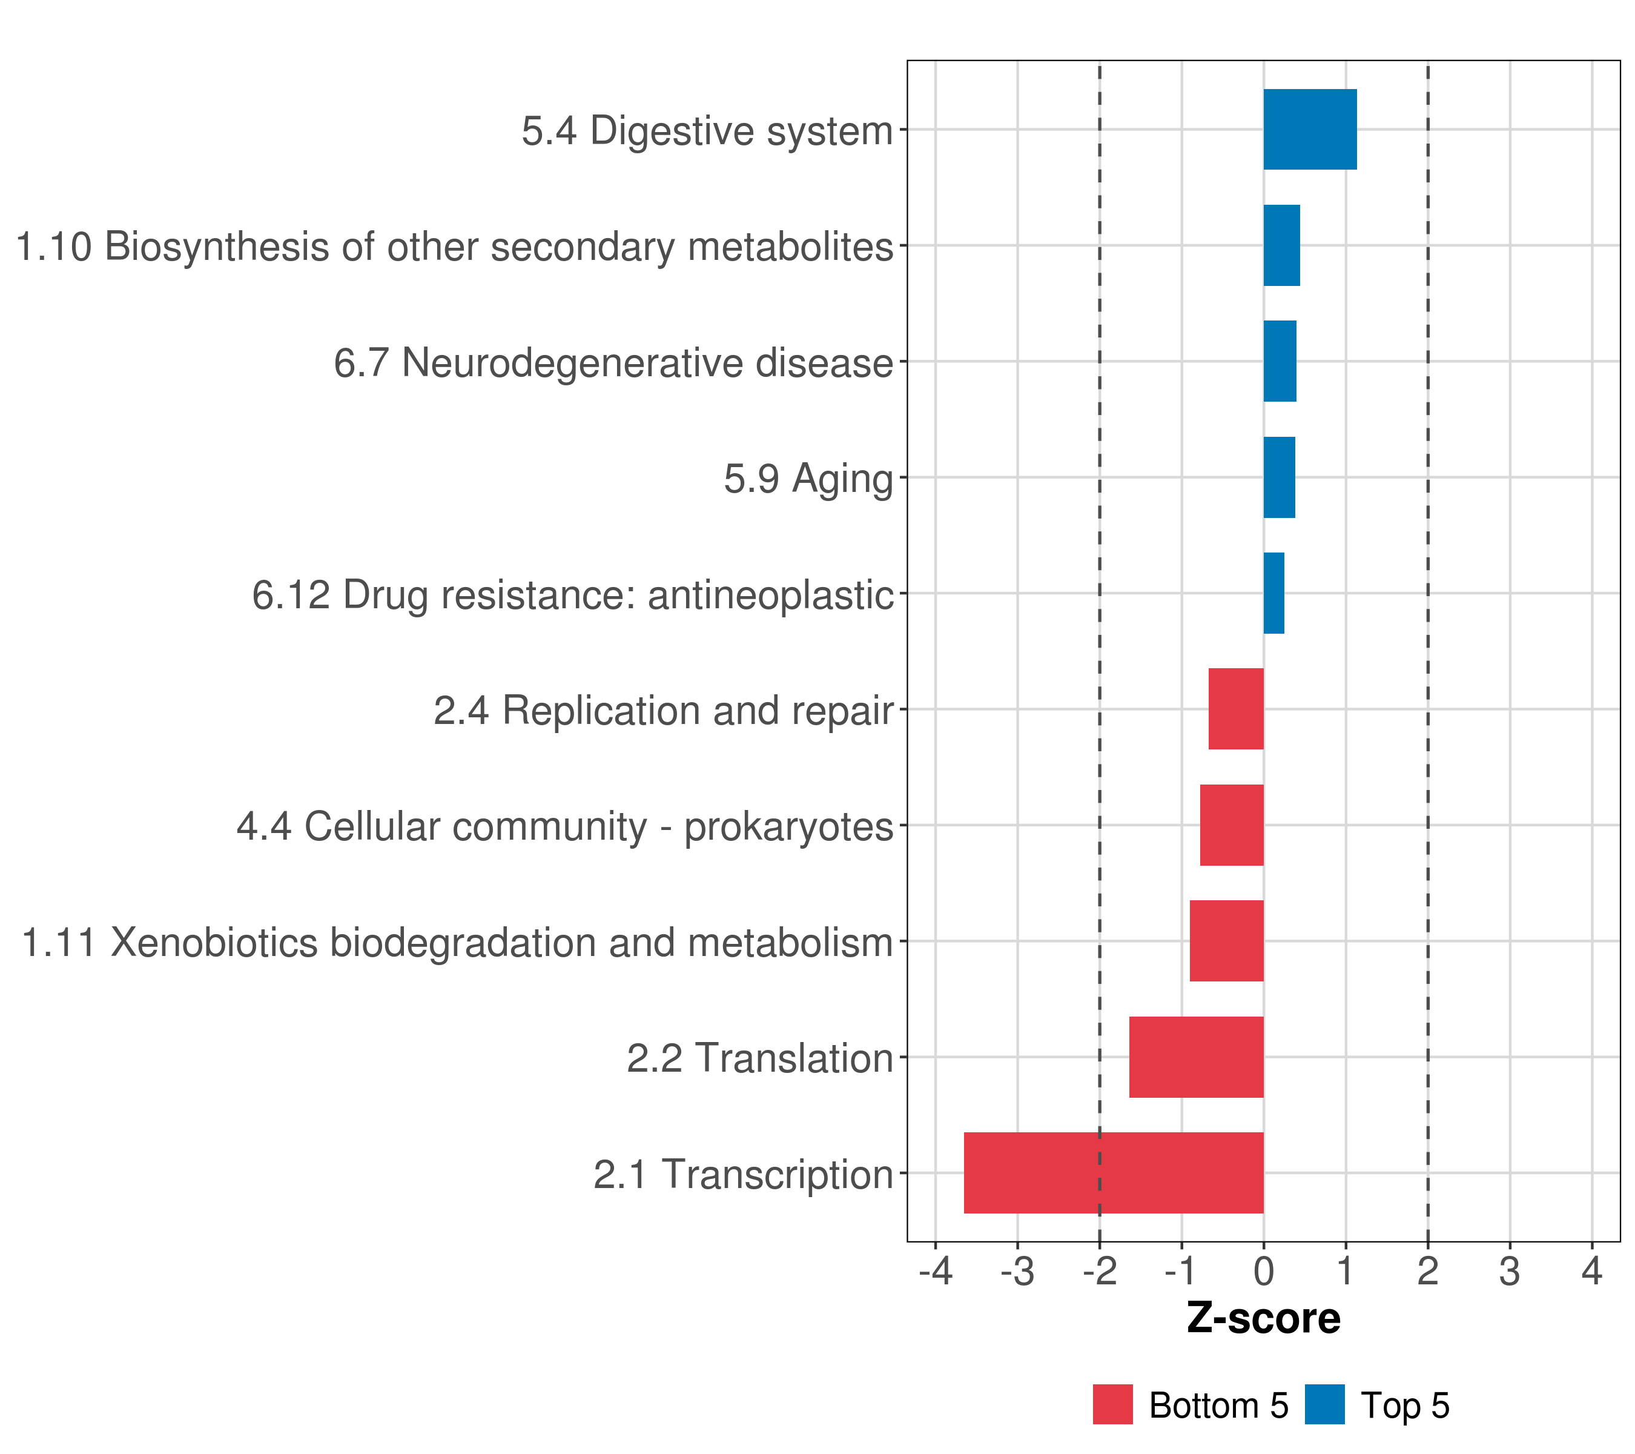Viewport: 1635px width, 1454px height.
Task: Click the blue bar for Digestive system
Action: click(1309, 130)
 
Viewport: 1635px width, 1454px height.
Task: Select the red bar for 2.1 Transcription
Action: click(1114, 1173)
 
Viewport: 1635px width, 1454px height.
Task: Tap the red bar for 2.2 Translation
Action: click(1196, 1057)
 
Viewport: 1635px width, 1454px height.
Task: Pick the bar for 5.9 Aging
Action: click(1279, 478)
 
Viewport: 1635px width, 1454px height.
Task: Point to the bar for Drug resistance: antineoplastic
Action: click(1273, 593)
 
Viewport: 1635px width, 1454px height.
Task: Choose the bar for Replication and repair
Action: click(1236, 709)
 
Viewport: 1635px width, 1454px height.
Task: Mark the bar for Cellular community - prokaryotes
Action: click(1232, 825)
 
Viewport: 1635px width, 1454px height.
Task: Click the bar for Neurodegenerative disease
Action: click(1280, 362)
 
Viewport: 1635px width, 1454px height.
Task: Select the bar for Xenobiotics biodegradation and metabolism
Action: click(1226, 941)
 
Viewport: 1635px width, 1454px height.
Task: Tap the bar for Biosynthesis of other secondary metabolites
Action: click(1281, 246)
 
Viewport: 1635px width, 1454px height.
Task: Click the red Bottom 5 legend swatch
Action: click(1112, 1405)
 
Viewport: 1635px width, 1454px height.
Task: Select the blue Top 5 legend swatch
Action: click(1324, 1405)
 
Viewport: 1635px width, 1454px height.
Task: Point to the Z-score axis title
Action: click(1263, 1318)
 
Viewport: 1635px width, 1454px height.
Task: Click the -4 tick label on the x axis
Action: click(935, 1271)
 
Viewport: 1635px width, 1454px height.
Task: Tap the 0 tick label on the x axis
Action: click(1264, 1271)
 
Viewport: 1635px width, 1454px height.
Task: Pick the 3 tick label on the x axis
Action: click(1510, 1271)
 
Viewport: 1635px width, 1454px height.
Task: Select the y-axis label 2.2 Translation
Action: click(759, 1058)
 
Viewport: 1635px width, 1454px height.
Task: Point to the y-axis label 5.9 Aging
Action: click(808, 479)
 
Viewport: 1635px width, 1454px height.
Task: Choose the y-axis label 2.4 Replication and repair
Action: click(663, 711)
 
